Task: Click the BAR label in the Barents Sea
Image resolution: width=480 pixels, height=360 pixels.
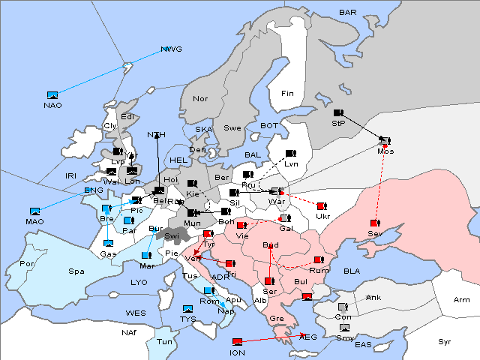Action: coord(347,13)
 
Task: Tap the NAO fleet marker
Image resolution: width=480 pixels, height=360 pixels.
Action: coord(52,95)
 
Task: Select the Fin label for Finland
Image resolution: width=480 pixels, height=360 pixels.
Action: coord(287,94)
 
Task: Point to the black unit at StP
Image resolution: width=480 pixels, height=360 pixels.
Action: coord(337,113)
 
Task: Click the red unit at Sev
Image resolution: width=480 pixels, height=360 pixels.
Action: coord(374,223)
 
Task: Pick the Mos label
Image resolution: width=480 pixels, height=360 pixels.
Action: coord(385,151)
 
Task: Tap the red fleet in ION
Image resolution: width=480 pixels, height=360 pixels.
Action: coord(237,342)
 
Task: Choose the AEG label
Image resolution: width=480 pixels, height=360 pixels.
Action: coord(308,338)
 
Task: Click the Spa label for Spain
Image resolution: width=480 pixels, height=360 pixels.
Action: coord(76,271)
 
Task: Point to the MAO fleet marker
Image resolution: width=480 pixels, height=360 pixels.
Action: coord(34,211)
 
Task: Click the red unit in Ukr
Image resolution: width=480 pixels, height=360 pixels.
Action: coord(321,206)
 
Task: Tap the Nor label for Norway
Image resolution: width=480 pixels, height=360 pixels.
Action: coord(200,99)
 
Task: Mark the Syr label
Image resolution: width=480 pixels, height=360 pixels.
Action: coord(445,341)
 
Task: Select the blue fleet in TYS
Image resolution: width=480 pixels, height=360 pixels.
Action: coord(187,309)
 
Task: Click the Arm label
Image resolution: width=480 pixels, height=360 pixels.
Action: coord(462,300)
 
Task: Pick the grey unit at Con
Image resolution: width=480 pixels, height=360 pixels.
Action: coord(343,307)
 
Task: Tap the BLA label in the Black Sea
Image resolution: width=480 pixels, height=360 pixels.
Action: coord(352,271)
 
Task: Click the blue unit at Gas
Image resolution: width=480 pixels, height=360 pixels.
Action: coord(108,244)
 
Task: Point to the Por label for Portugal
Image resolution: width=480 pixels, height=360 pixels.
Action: coord(28,264)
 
